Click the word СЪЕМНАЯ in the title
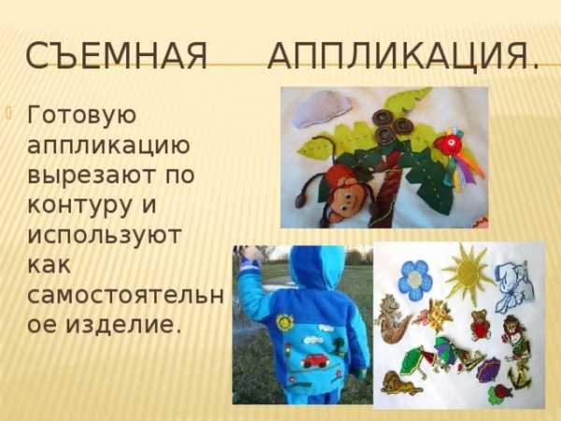[x=117, y=56]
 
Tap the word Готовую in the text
[x=82, y=116]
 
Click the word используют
[x=105, y=235]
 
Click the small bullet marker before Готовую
[x=9, y=114]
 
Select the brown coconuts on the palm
[x=391, y=124]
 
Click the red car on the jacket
[x=314, y=361]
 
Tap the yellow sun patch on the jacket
[x=285, y=322]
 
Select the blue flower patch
[x=415, y=280]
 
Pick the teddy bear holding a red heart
[x=481, y=325]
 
